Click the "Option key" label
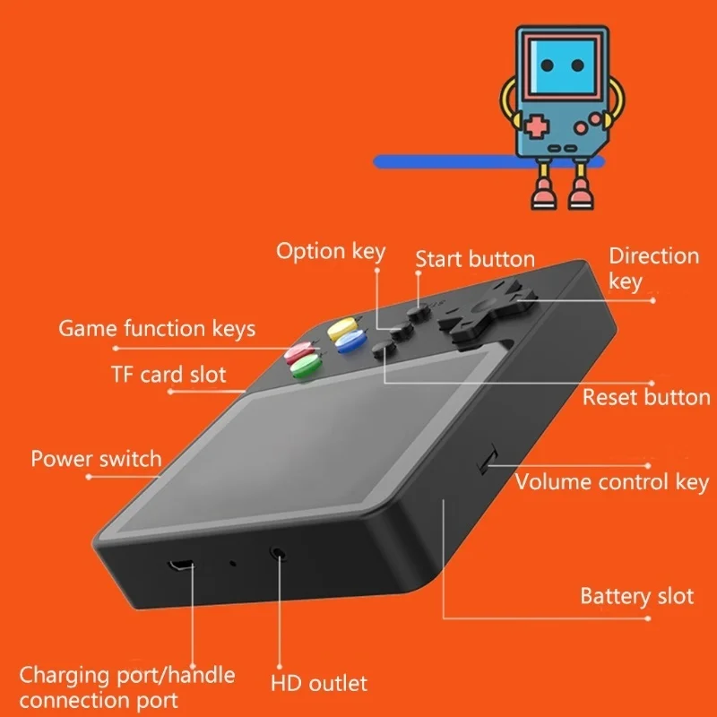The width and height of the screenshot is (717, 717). [x=330, y=252]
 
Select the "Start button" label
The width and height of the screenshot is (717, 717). [x=475, y=260]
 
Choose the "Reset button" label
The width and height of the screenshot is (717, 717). [x=645, y=397]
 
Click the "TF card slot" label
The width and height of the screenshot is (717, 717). [x=168, y=374]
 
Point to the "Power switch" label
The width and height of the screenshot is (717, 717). [x=96, y=460]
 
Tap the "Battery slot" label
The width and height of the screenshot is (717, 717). [x=636, y=596]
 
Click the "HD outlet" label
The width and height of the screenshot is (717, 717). [x=319, y=684]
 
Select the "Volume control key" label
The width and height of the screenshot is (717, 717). [x=611, y=483]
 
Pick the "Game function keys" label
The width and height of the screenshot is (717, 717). [x=157, y=329]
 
